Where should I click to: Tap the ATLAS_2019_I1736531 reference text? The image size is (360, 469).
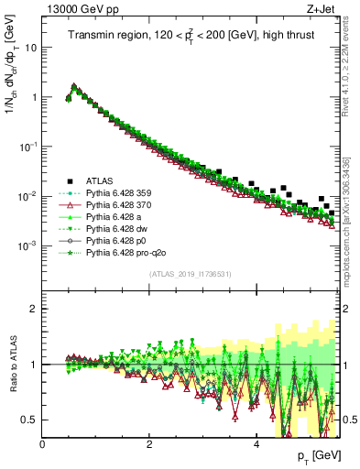191,274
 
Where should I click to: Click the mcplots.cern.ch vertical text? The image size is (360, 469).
354,211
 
